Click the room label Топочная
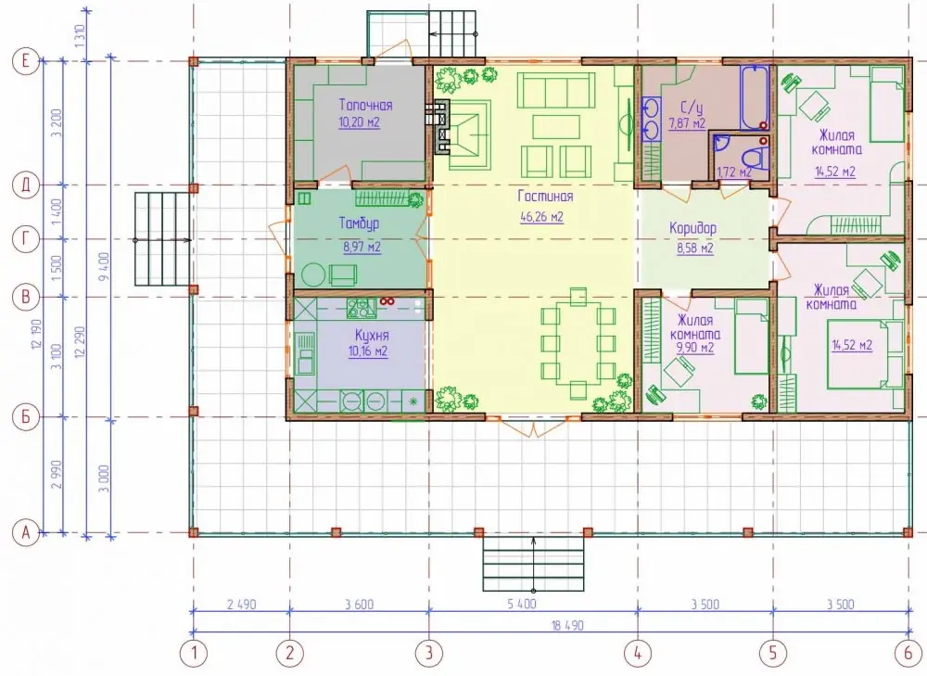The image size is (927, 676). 365,106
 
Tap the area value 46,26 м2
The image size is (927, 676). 541,216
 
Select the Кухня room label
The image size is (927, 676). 372,336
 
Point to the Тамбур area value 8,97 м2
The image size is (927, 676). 362,247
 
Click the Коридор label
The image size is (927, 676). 692,228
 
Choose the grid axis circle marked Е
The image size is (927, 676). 25,61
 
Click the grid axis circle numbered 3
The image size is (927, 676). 428,653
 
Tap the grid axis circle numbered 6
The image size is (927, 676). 908,653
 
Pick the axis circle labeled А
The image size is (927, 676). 25,533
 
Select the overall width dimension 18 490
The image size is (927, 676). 567,625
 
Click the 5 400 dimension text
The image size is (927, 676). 522,604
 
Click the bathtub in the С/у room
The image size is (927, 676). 755,97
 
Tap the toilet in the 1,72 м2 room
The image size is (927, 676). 756,158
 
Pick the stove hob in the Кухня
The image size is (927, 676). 362,308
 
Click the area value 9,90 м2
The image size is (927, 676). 694,349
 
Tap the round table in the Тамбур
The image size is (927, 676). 312,275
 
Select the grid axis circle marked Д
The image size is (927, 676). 25,185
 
